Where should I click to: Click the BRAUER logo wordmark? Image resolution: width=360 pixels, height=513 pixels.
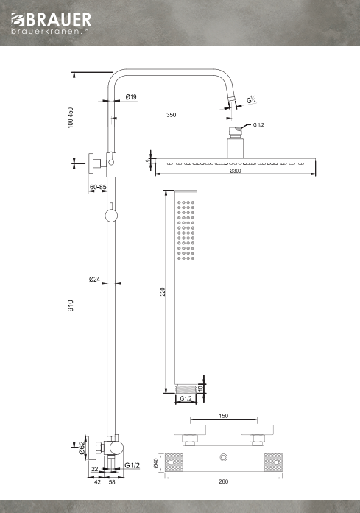tap(52, 20)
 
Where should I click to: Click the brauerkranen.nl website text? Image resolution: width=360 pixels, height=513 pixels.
tap(52, 31)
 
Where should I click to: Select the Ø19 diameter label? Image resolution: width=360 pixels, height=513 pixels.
tap(131, 97)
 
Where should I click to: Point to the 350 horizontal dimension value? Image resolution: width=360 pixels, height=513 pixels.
tap(171, 115)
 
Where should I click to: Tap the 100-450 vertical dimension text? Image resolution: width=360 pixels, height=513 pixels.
tap(71, 118)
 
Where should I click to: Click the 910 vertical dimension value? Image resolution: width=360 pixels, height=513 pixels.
tap(71, 305)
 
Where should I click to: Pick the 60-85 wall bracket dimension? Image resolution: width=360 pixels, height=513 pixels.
tap(98, 187)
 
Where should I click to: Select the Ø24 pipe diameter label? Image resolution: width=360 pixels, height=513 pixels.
tap(94, 280)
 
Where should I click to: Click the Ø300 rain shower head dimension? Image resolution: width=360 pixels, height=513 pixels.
tap(236, 171)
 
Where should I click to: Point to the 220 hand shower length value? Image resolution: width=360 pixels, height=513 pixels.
tap(163, 291)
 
